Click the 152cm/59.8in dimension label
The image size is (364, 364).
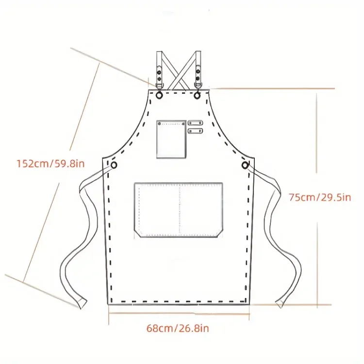click(50, 164)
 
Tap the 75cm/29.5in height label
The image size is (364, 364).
click(320, 198)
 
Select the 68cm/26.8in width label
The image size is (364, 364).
click(178, 328)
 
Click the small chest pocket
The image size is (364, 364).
click(171, 139)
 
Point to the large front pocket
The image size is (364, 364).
click(178, 210)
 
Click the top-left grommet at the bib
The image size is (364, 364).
click(159, 95)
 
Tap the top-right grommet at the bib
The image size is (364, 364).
click(197, 95)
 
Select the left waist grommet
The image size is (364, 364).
click(114, 165)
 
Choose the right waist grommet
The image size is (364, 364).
click(245, 165)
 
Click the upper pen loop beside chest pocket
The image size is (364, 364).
click(195, 123)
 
